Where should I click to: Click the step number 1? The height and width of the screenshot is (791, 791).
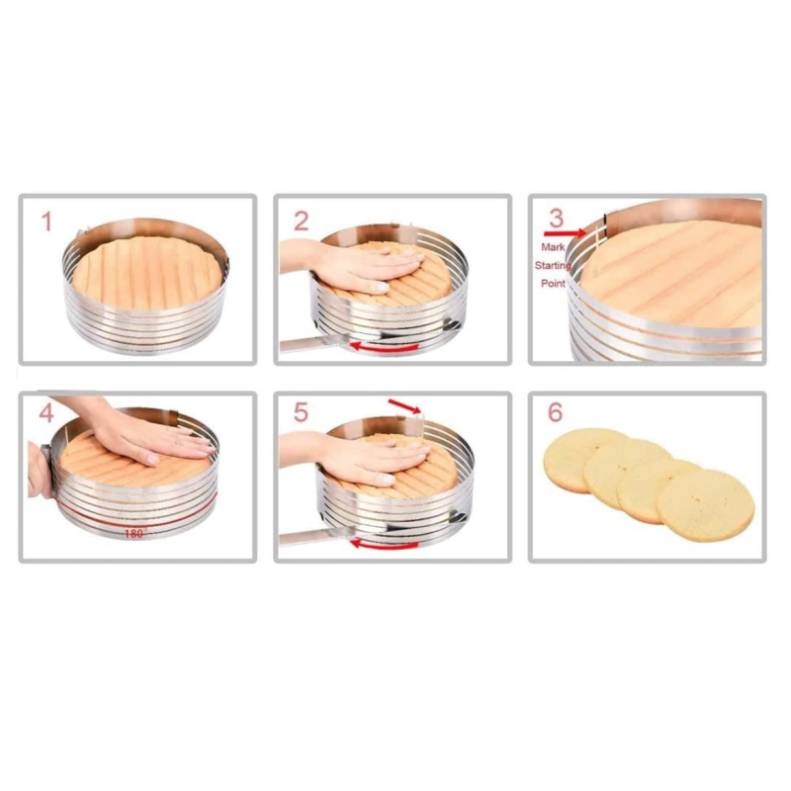click(46, 221)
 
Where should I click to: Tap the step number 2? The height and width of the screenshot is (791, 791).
click(302, 221)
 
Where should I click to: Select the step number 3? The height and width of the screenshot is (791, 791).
click(556, 218)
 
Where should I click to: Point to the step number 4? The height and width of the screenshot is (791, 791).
click(45, 413)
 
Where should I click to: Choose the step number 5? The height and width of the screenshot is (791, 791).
click(301, 412)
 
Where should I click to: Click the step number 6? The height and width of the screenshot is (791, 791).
click(555, 412)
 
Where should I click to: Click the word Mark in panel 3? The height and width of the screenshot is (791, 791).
click(553, 247)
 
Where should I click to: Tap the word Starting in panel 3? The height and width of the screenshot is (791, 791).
click(553, 265)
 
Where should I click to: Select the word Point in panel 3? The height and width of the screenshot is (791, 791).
click(553, 284)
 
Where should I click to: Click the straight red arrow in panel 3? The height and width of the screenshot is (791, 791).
click(565, 233)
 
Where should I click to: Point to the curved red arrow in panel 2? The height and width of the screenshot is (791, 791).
click(385, 347)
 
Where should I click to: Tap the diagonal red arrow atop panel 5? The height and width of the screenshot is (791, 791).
click(404, 406)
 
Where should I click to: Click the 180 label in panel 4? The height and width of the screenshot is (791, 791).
click(133, 534)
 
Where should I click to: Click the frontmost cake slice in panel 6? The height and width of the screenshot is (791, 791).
click(705, 504)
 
